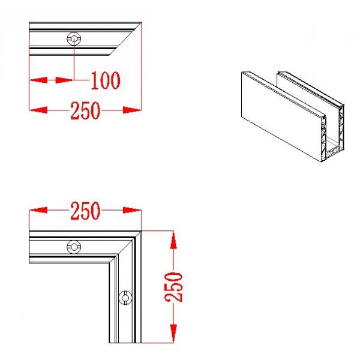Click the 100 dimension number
(x=106, y=80)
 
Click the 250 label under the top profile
(x=85, y=111)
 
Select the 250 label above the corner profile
(x=85, y=211)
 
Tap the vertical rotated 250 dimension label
(x=174, y=287)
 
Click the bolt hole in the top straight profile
(x=74, y=38)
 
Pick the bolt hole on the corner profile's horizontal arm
(x=74, y=247)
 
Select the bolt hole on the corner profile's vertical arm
(x=125, y=298)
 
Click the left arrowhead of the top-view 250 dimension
(x=38, y=110)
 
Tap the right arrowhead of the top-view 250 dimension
(x=132, y=110)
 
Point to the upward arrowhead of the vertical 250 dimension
(x=173, y=239)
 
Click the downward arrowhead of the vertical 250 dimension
(x=173, y=334)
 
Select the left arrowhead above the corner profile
(x=38, y=210)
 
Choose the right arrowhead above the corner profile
(x=132, y=210)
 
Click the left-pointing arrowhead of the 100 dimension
(x=38, y=80)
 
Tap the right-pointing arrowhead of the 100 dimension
(x=65, y=80)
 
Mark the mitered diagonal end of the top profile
(x=126, y=38)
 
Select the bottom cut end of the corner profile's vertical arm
(x=125, y=343)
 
